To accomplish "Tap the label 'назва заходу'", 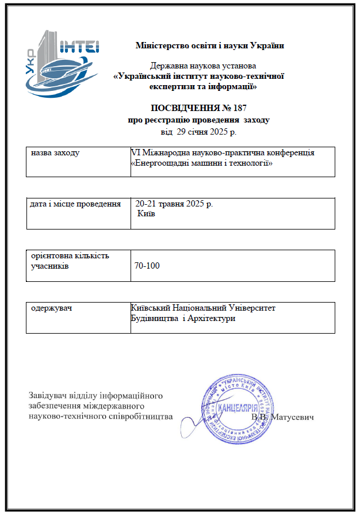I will point(55,154).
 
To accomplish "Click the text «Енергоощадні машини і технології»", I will point(201,163).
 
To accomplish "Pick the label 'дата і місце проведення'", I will point(75,204).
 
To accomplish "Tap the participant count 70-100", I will point(147,266).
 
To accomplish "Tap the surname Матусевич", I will point(293,416).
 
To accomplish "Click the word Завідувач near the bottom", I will point(48,395).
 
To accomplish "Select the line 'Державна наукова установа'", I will point(202,66).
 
